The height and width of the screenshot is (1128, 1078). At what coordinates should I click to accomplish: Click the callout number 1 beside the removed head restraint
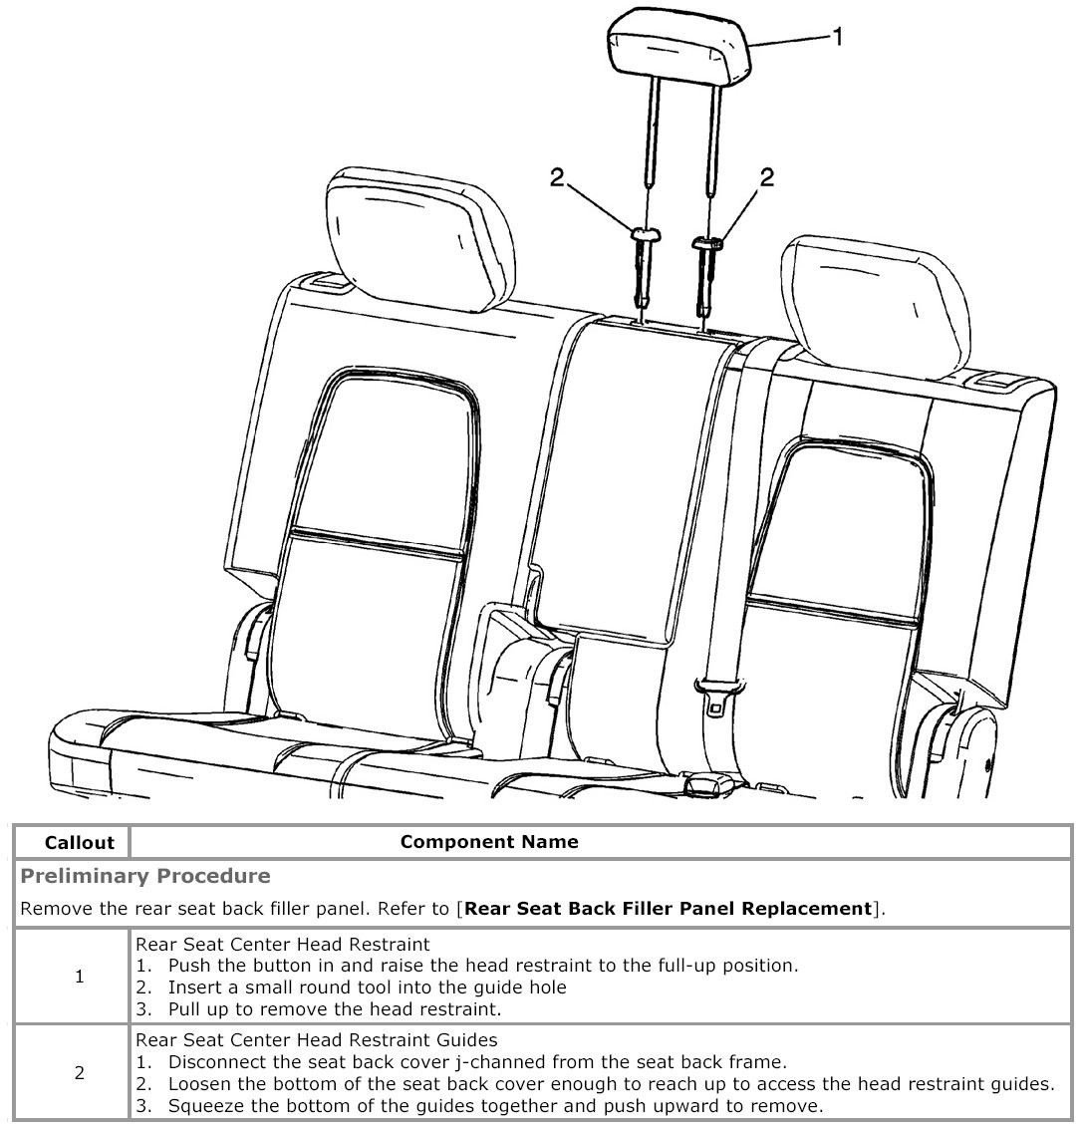[x=838, y=37]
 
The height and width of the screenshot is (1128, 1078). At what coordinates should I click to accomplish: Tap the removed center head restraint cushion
[x=676, y=50]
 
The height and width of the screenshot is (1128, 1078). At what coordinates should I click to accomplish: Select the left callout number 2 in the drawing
[x=557, y=178]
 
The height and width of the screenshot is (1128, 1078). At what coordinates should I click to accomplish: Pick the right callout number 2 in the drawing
[x=766, y=178]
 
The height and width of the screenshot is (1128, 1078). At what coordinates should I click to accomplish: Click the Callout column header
[x=79, y=842]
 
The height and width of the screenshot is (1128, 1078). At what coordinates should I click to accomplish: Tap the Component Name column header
[x=488, y=842]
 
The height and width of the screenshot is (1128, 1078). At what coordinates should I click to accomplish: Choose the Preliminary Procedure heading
[x=144, y=876]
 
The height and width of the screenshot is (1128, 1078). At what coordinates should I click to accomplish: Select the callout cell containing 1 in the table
[x=79, y=977]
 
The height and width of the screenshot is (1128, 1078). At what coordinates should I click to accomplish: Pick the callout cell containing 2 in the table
[x=79, y=1073]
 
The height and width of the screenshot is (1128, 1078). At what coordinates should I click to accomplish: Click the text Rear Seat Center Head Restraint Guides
[x=316, y=1040]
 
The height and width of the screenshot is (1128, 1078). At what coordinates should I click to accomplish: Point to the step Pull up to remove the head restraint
[x=334, y=1008]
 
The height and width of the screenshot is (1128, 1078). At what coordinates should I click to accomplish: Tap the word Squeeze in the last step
[x=203, y=1105]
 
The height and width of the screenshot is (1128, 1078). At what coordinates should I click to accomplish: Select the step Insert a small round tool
[x=367, y=987]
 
